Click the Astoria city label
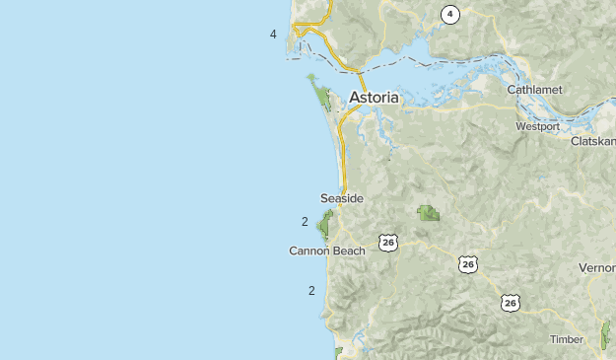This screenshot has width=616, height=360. pos(374,98)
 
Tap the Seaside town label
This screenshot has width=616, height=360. pos(341,198)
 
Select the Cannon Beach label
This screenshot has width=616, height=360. pos(326,251)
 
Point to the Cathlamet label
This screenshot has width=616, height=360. pos(534,90)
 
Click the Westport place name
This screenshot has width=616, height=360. pos(537,126)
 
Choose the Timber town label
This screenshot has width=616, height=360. pos(566,339)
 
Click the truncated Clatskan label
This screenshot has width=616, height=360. pos(592,141)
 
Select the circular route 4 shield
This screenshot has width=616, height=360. pos(449,14)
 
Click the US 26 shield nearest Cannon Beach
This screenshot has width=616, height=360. pos(387,243)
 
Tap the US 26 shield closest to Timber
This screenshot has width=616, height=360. pos(510,303)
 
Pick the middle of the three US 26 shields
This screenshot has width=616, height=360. pos(467,264)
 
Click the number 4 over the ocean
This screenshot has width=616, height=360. pos(273,35)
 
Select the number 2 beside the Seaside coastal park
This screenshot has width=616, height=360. pos(305,221)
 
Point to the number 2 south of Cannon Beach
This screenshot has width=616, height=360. pos(311,290)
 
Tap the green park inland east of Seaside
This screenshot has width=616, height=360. pos(428,212)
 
